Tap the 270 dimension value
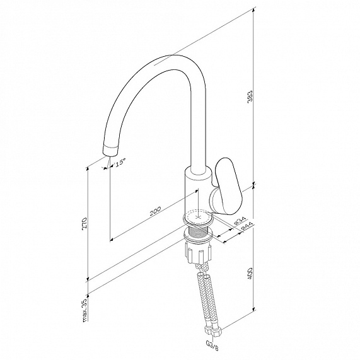pos(84,223)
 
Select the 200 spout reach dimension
pos(155,211)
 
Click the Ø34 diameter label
pos(240,221)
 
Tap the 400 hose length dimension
pos(250,273)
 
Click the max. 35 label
pos(84,310)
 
